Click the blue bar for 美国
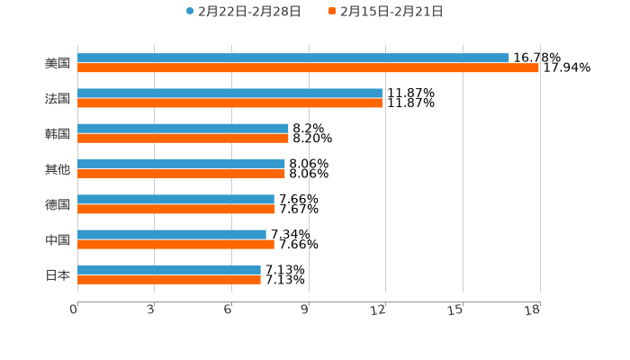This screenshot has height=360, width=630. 292,58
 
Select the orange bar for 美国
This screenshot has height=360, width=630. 308,67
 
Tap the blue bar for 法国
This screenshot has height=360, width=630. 229,93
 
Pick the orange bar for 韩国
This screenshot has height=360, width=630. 183,138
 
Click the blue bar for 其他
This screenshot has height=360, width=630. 181,164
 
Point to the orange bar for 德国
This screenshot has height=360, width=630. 176,209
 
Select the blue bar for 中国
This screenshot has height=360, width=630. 172,234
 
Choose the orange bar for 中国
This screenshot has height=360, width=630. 175,244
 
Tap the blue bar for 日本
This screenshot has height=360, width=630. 169,269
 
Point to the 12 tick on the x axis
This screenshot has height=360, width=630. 379,310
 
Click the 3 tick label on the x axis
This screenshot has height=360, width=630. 151,310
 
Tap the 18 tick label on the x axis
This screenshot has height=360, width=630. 533,310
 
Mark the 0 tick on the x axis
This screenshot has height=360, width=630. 74,310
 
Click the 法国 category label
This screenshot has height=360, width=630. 58,98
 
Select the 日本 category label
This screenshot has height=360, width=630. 58,274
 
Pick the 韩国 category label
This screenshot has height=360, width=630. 58,133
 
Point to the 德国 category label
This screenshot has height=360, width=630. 58,204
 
